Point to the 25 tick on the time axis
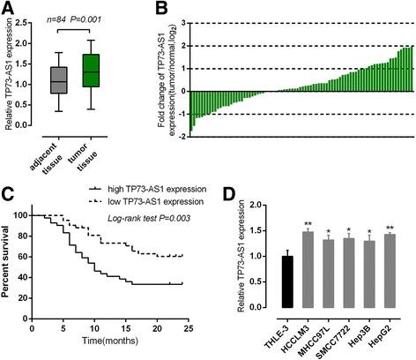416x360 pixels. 216,333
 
